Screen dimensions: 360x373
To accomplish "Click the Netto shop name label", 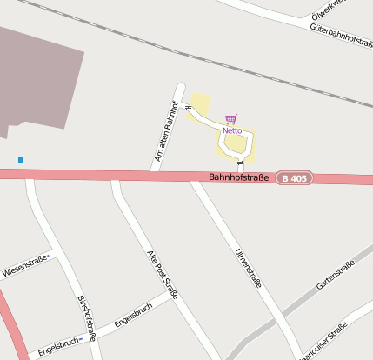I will tap(232, 131).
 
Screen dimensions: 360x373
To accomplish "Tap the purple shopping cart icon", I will tap(230, 119).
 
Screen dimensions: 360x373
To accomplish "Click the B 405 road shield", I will tap(294, 178).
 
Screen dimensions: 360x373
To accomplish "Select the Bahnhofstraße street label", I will tap(238, 177).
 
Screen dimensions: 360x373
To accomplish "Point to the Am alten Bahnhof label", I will tap(164, 131).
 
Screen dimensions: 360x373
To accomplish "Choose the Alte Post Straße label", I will tap(162, 275).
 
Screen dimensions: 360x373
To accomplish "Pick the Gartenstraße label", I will tap(336, 275).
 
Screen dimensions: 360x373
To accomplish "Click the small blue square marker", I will tap(21, 160).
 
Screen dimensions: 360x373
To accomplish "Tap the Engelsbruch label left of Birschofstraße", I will tap(59, 345).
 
